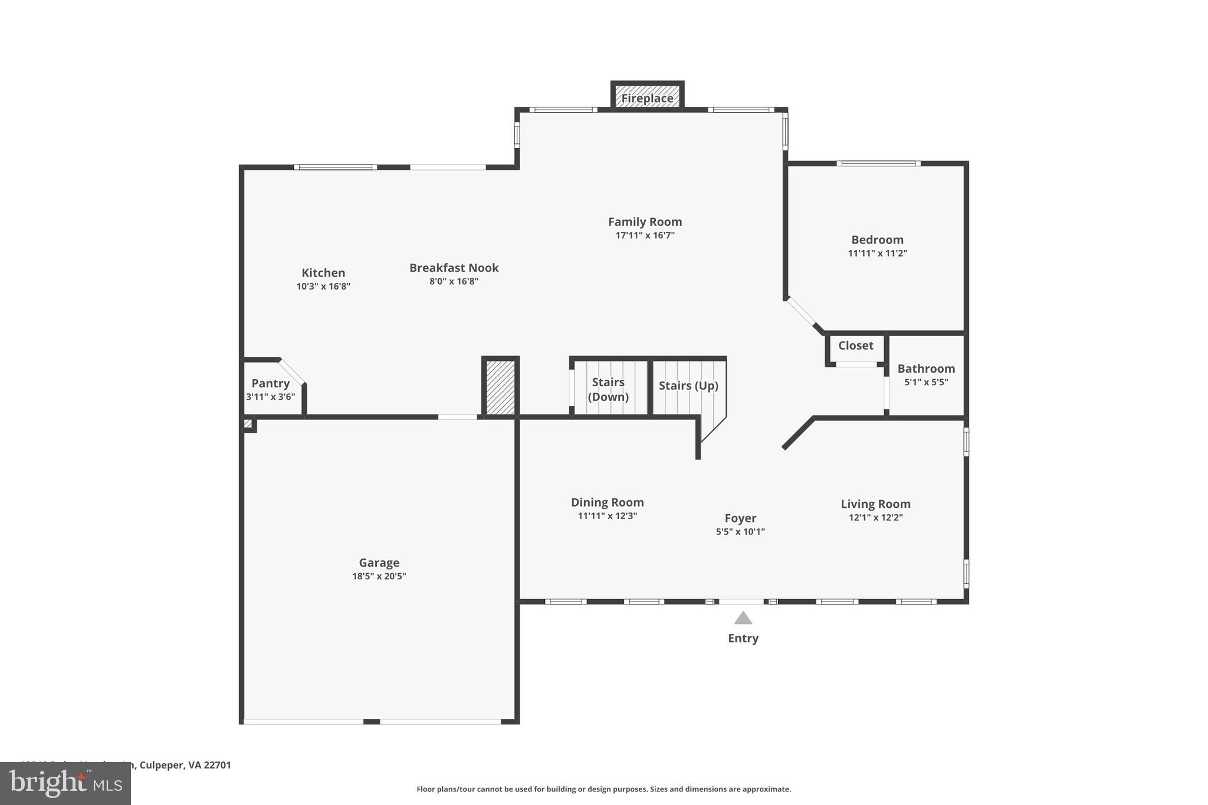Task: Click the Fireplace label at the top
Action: [647, 98]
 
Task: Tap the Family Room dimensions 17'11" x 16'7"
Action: [645, 235]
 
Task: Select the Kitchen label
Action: [323, 272]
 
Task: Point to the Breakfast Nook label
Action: [454, 268]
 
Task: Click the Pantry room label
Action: [270, 383]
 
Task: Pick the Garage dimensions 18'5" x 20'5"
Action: [379, 576]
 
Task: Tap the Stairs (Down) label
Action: [608, 389]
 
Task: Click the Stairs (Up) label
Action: [688, 386]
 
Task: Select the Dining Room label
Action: [607, 502]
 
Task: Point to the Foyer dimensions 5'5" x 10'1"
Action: [740, 531]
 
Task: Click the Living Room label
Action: [875, 504]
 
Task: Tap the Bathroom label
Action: [926, 369]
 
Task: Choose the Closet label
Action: [855, 346]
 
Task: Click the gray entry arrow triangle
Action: [743, 618]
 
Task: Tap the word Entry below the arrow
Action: [743, 638]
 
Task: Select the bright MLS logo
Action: [65, 783]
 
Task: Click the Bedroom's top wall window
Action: [878, 163]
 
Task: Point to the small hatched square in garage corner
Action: [248, 423]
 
